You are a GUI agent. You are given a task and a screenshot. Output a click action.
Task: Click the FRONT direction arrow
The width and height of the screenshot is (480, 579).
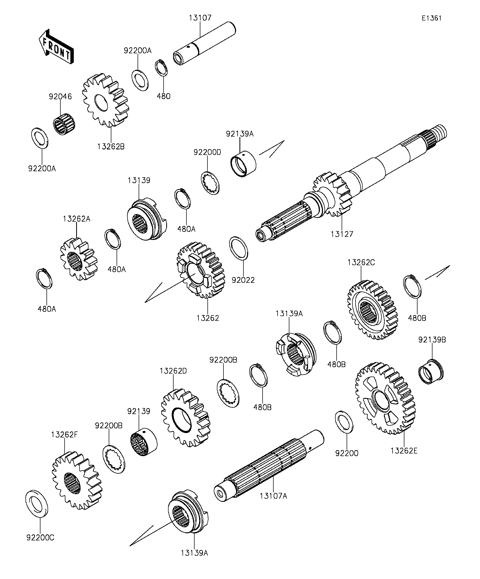coord(56,47)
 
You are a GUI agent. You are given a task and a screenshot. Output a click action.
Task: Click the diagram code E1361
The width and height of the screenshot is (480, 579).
coord(432,18)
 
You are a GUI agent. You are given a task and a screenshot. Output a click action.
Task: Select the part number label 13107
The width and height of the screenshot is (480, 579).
coord(200,18)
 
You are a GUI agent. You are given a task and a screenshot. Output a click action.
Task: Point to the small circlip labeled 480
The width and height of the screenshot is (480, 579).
coord(161,67)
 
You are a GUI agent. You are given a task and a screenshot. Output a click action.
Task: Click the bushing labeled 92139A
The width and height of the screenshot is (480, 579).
coord(243,164)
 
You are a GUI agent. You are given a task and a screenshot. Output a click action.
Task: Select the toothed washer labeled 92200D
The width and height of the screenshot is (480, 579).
coord(210,183)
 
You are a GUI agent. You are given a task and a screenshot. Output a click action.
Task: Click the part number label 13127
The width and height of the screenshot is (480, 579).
coord(342,234)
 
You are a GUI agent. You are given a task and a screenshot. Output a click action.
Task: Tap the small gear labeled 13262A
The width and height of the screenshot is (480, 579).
coord(79,259)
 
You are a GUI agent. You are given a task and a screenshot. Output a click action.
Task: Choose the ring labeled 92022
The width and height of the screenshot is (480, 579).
coord(238,248)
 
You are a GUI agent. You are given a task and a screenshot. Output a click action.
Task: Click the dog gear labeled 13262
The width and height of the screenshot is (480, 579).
coord(201,270)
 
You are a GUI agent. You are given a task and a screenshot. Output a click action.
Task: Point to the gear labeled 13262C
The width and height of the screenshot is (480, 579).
coord(372,310)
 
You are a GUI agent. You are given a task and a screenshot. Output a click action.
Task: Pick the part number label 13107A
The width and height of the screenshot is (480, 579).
coord(273,496)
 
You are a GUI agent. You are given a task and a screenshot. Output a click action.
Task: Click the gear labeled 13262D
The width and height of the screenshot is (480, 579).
coord(185,418)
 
